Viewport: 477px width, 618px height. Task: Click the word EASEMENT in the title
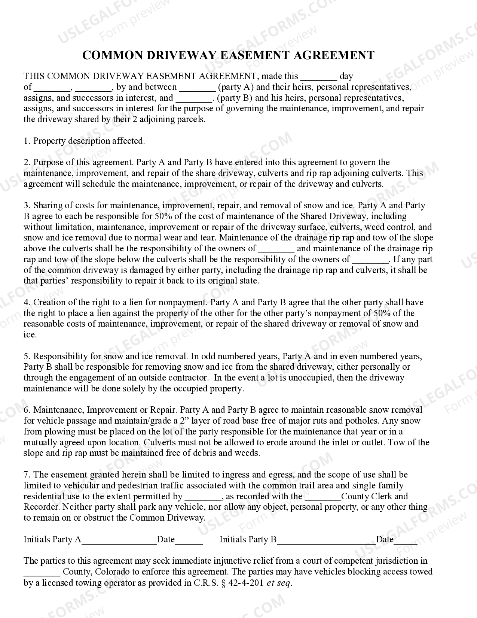tap(254, 55)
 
